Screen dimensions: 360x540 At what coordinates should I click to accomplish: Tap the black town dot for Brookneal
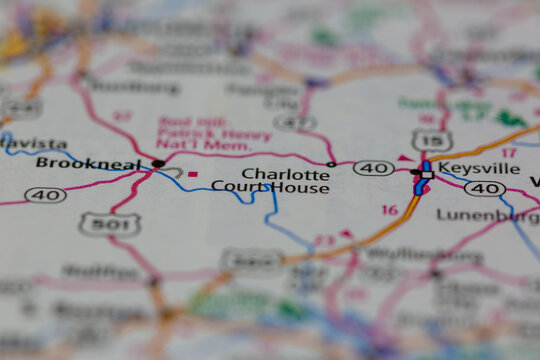[158, 163]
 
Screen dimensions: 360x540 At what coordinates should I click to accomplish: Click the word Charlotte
[285, 173]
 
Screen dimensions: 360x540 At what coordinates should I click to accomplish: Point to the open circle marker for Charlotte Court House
[331, 164]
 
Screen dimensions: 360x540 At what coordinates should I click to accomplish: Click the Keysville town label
[479, 168]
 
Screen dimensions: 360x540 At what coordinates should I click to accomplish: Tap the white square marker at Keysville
[427, 173]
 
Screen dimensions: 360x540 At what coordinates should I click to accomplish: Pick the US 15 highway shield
[430, 140]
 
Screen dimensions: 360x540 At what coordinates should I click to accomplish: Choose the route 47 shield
[293, 122]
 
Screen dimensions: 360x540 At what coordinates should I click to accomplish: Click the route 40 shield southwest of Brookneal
[45, 195]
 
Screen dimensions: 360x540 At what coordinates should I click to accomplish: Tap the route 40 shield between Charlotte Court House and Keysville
[373, 168]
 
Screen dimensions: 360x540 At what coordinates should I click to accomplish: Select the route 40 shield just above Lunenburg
[485, 188]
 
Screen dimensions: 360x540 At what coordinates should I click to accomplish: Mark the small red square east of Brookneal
[192, 174]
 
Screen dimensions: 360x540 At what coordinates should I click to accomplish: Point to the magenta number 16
[389, 210]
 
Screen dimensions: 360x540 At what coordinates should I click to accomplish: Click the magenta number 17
[508, 152]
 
